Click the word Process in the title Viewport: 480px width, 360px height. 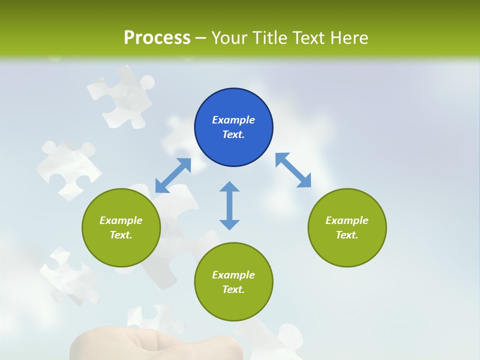(x=157, y=38)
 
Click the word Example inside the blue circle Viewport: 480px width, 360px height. (x=233, y=120)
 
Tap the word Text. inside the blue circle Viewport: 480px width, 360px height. (x=233, y=134)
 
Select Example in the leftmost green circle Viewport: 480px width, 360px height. (x=121, y=220)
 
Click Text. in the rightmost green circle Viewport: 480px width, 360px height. (x=347, y=235)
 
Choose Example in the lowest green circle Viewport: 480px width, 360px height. (x=233, y=275)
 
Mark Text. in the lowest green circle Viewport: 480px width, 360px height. (x=233, y=289)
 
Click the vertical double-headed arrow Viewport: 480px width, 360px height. (x=229, y=205)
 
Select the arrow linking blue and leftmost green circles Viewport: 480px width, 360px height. (x=173, y=175)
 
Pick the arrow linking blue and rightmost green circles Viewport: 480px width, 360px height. (x=293, y=170)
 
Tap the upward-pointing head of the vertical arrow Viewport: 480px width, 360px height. (x=229, y=187)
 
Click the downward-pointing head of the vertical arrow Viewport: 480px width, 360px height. (x=229, y=224)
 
